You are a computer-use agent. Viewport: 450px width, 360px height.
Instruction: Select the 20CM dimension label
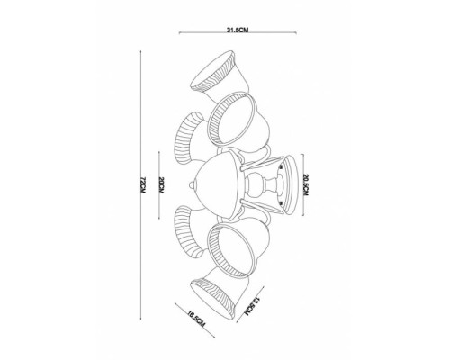click(159, 185)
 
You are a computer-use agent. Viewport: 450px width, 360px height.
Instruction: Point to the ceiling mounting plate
click(286, 184)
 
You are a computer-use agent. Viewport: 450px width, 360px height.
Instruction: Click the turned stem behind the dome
click(262, 185)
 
